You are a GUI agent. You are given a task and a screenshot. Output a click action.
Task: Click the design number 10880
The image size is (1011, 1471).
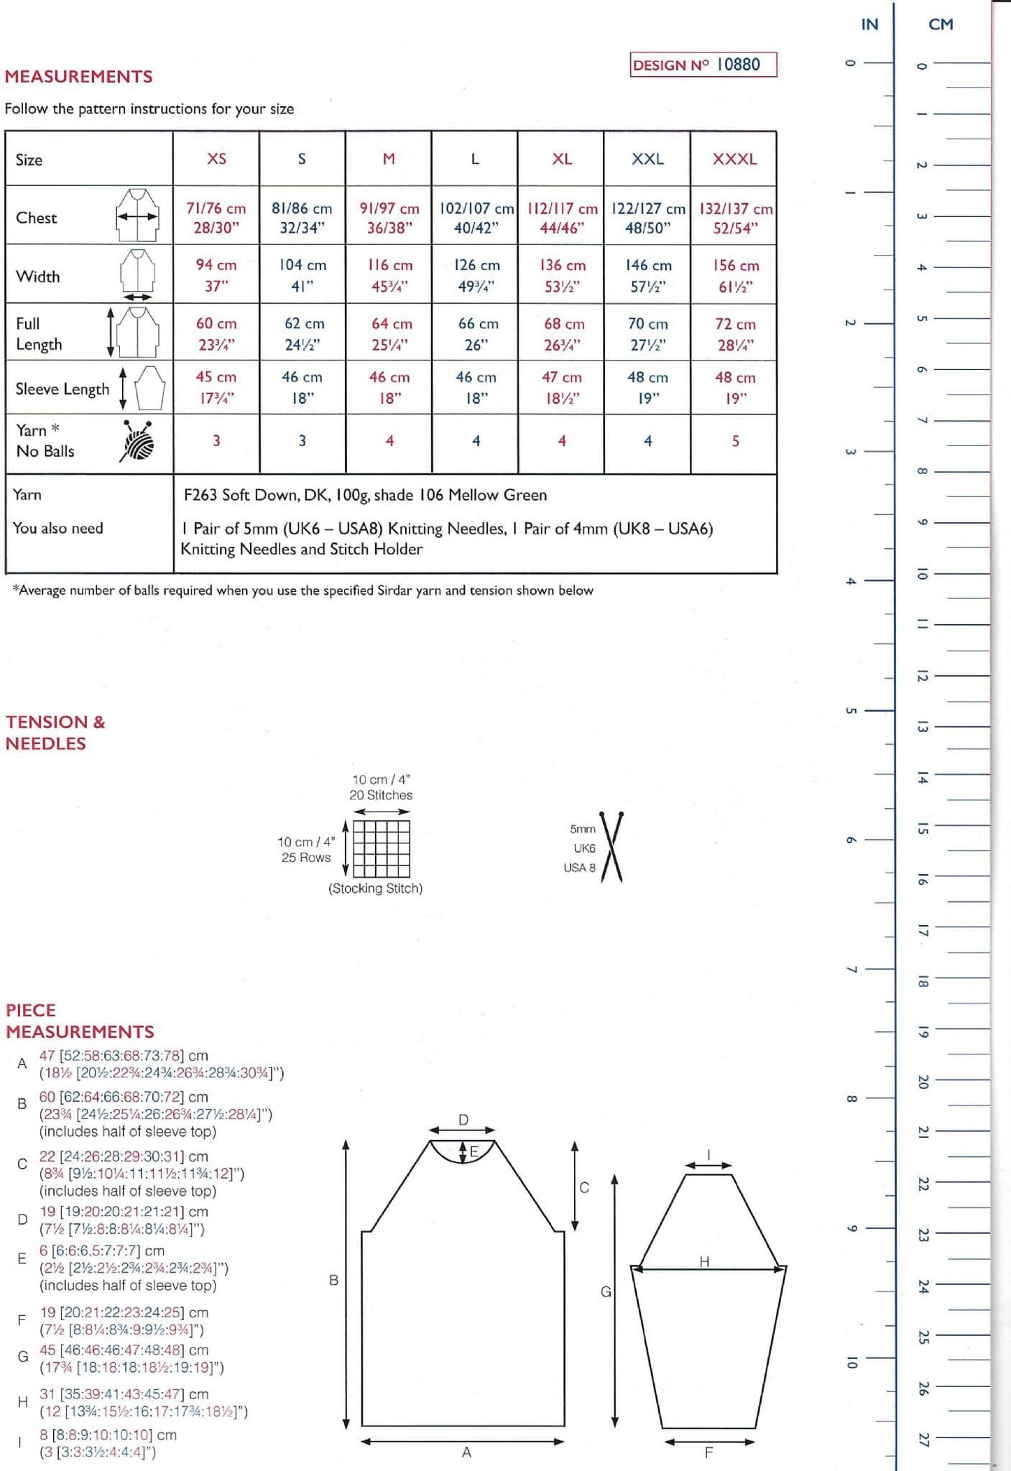pos(738,65)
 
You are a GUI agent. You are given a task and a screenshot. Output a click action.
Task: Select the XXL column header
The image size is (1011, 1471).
pos(647,159)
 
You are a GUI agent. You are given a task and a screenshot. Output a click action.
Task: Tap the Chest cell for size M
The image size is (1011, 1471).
pos(389,218)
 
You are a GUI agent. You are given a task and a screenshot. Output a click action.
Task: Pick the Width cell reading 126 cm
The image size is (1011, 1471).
pos(476,275)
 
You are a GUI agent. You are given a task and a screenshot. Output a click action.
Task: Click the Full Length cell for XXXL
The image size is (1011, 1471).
pos(734,334)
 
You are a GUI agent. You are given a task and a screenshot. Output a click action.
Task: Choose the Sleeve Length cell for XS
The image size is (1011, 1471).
pos(216,387)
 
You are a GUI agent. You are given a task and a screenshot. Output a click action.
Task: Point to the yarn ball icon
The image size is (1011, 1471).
pos(139,440)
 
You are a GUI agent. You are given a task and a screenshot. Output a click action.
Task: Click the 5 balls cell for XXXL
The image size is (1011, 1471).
pos(735,441)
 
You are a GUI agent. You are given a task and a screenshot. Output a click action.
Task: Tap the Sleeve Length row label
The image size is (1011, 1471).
pos(63,389)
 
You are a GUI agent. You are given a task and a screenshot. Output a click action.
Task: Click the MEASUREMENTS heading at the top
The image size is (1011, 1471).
pos(78,77)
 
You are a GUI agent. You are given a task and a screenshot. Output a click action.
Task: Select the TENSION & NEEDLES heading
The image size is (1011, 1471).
pos(55,732)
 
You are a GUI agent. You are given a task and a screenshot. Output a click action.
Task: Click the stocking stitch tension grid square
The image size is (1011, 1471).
pos(382,848)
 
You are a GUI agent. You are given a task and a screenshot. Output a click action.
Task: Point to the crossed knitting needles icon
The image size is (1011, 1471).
pos(611,847)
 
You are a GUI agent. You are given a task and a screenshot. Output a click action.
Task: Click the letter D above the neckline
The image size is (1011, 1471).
pos(463,1120)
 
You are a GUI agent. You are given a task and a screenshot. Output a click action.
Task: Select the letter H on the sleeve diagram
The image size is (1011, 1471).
pos(704,1261)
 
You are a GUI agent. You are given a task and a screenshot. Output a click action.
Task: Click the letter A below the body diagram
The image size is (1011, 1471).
pos(466,1452)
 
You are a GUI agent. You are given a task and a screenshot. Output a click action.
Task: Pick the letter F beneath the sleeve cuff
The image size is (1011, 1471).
pos(708,1452)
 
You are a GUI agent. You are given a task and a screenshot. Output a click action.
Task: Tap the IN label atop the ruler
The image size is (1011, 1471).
pos(869,24)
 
